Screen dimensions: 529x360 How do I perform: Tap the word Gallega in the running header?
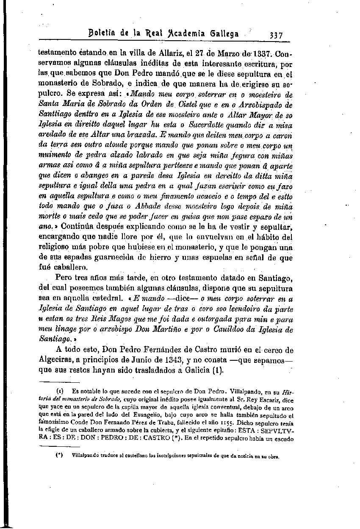pyautogui.click(x=221, y=34)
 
